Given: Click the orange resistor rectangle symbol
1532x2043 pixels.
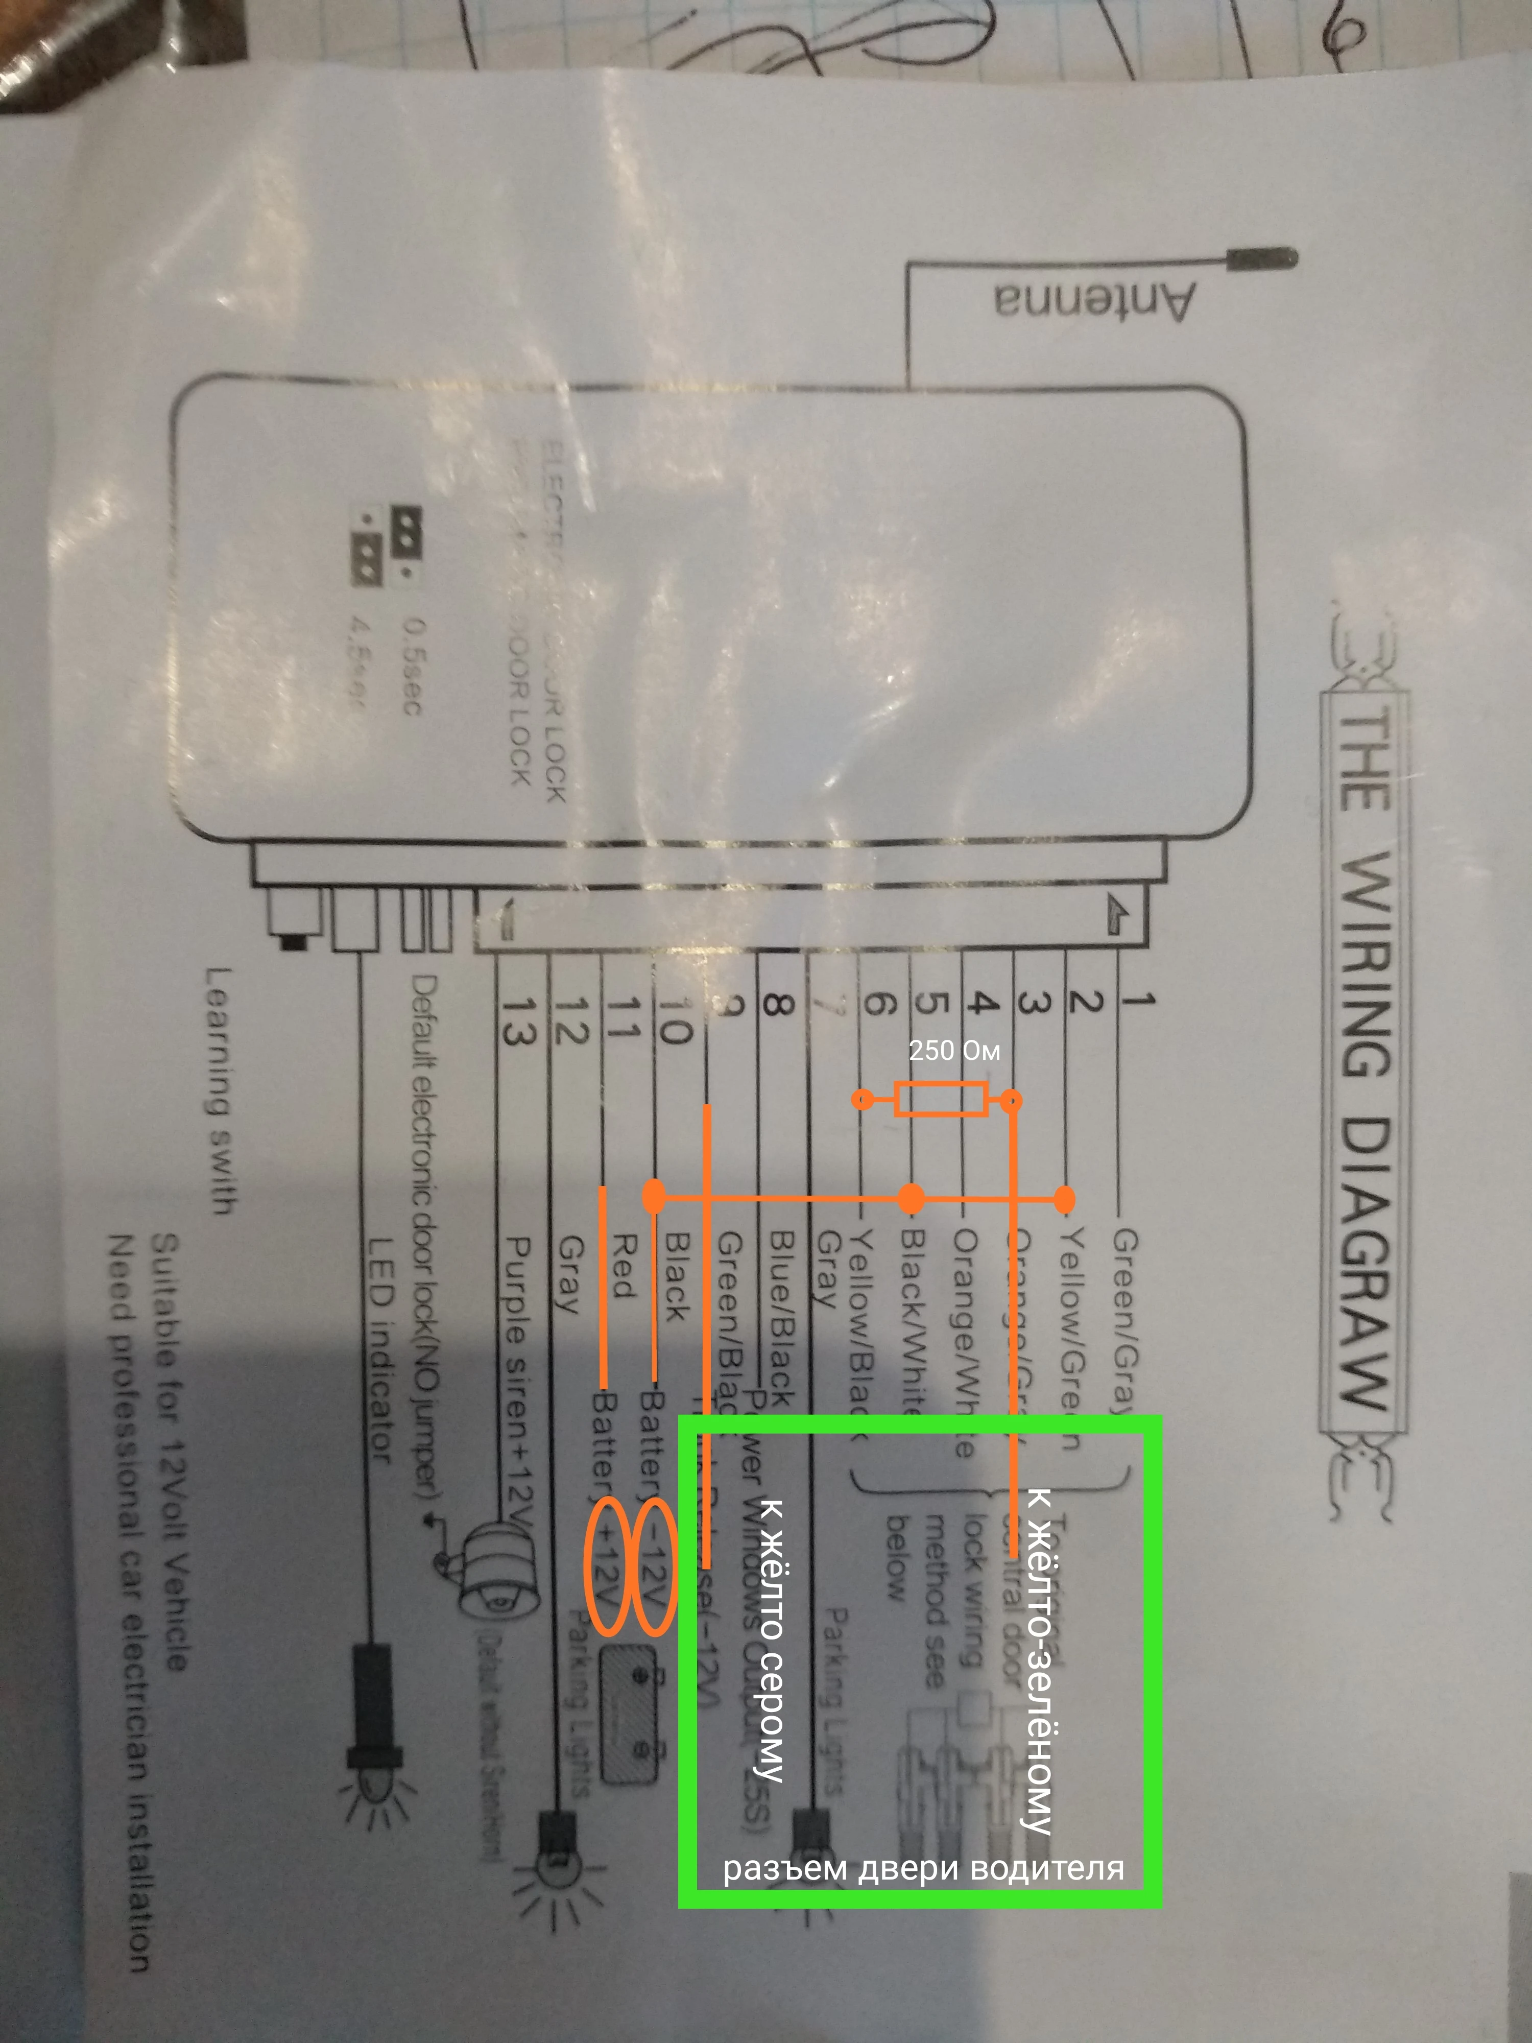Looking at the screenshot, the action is point(941,1100).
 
